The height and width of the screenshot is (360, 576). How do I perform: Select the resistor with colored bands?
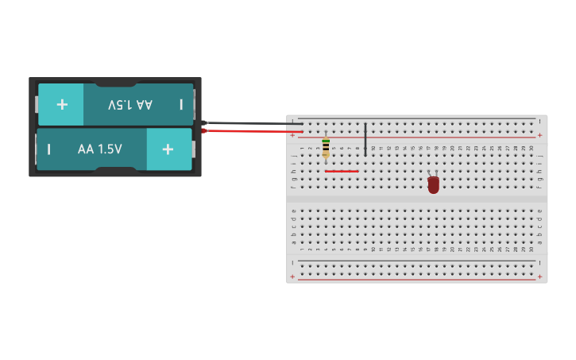(326, 148)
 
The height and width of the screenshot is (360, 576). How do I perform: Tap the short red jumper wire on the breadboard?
(342, 171)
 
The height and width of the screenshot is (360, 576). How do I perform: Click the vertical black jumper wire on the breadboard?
(365, 139)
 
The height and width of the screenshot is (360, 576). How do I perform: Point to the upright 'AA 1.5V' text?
(99, 149)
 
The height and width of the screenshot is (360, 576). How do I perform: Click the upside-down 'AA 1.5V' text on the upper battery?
(130, 104)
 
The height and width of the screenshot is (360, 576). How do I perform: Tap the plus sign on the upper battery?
(62, 104)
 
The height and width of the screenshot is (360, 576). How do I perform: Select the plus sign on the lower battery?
(168, 149)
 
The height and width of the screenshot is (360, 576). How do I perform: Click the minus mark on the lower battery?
(49, 149)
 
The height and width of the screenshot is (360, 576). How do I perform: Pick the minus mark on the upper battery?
(181, 104)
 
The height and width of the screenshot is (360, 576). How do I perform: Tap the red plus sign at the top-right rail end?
(539, 135)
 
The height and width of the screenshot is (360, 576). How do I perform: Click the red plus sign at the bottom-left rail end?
(292, 277)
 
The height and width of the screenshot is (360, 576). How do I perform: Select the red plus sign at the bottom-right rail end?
(539, 277)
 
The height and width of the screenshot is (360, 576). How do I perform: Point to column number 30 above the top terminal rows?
(532, 148)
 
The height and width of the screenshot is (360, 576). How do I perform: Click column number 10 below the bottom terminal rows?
(373, 250)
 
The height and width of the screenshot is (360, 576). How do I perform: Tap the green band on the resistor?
(326, 141)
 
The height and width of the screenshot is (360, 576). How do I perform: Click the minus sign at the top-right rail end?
(539, 122)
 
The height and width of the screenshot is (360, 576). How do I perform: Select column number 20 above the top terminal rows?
(452, 148)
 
